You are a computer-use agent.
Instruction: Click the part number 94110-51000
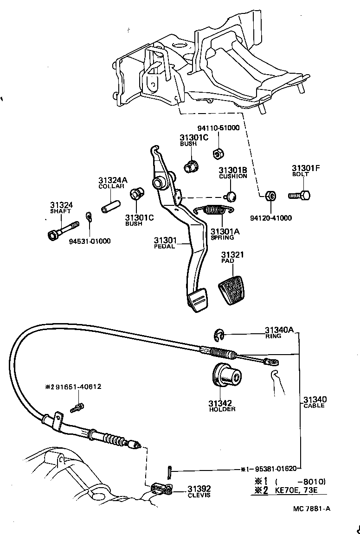pos(218,128)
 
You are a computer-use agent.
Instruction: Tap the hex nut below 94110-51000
pos(216,153)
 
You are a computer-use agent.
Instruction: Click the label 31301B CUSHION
pos(233,173)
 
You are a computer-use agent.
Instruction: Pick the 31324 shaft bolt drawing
pos(60,230)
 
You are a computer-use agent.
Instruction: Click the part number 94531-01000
pos(90,241)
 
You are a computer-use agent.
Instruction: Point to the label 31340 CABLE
pos(315,402)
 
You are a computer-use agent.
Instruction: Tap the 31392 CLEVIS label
pos(199,491)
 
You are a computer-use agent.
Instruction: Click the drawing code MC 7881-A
pos(312,509)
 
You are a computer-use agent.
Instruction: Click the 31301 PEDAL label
pos(166,242)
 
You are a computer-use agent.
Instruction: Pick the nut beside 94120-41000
pos(270,195)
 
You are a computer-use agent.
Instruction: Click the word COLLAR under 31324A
pos(111,186)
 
